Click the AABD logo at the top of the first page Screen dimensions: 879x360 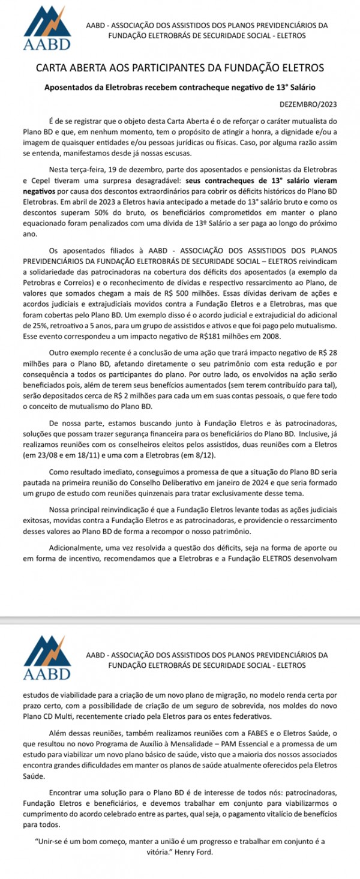[x=46, y=28]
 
